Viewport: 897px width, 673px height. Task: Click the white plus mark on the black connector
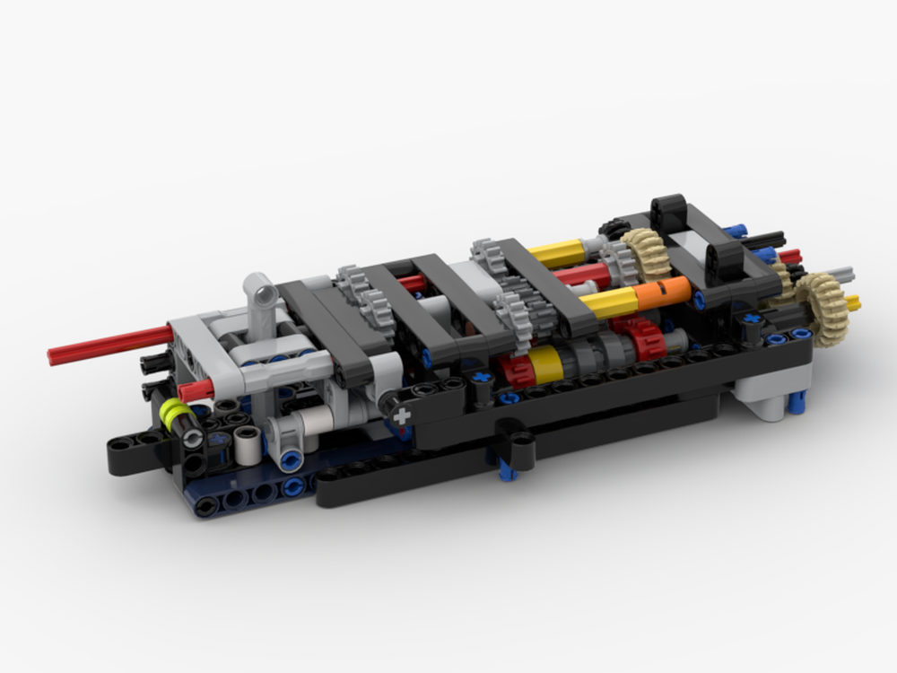pos(401,415)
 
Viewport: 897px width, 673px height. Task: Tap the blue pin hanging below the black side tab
pos(508,469)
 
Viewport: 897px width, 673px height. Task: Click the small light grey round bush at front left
pos(248,443)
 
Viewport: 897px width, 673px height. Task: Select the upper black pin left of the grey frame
pos(155,362)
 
